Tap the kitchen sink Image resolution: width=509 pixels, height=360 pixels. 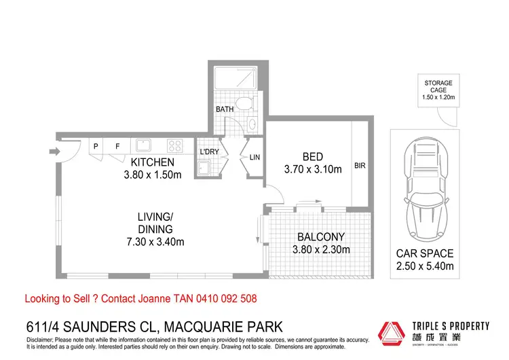(143, 145)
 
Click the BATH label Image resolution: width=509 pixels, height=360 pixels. (225, 109)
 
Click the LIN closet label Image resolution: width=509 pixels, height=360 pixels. (255, 158)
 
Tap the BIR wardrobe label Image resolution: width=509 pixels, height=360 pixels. (360, 165)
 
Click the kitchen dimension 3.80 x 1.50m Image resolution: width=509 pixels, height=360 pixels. (153, 175)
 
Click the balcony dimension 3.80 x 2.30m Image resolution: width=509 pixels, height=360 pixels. (320, 249)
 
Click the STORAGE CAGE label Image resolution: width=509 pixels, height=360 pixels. (438, 87)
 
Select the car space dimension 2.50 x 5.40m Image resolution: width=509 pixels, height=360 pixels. (425, 266)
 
